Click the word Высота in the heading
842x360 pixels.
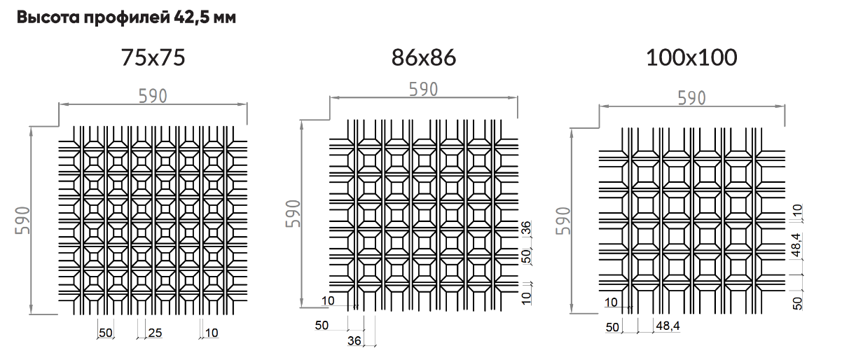(x=48, y=18)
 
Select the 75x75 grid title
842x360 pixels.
(x=153, y=58)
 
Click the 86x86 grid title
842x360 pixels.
(x=424, y=58)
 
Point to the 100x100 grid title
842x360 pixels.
(x=691, y=58)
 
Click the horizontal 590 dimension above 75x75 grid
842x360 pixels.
(x=153, y=96)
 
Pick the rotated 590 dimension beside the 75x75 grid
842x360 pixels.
(x=22, y=221)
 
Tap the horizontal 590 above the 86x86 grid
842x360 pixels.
(x=423, y=90)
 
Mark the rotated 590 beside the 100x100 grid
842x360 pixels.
(x=563, y=221)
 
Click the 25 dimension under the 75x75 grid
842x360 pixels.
(x=155, y=333)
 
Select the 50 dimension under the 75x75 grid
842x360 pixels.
(x=106, y=333)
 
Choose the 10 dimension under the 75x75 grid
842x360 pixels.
(x=212, y=333)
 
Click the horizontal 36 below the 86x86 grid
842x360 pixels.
(x=354, y=341)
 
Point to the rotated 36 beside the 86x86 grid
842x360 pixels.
(x=526, y=228)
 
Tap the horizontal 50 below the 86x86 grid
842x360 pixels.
(x=322, y=326)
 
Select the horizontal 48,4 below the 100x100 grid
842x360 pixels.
(x=668, y=326)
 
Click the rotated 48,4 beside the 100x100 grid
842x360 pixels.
(x=796, y=245)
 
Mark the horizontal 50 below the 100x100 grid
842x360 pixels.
(x=612, y=327)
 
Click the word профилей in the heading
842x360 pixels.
(x=127, y=18)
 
